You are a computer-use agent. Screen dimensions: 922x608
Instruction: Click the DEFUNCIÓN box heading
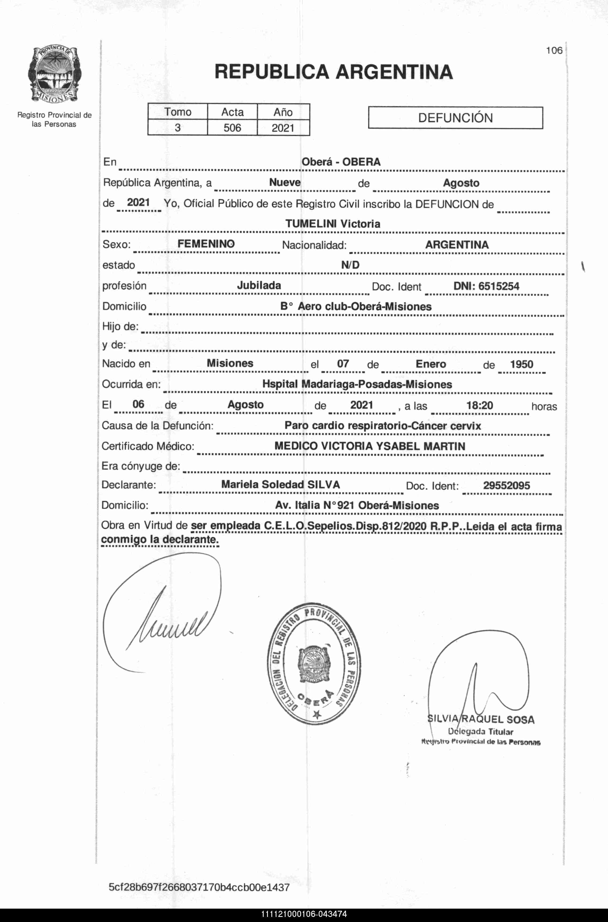coord(455,118)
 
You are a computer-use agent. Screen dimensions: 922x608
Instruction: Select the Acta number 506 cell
coord(232,128)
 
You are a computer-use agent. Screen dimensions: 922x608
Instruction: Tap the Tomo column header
coord(178,112)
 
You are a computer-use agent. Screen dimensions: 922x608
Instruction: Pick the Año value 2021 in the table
coord(283,128)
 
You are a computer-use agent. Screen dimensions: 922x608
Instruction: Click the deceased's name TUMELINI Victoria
coord(333,224)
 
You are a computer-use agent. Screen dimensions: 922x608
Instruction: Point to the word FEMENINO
coord(206,244)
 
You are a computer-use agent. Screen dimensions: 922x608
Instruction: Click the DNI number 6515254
coord(486,286)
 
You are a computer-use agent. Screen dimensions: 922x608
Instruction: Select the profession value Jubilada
coord(259,285)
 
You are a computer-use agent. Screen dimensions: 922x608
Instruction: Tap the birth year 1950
coord(522,364)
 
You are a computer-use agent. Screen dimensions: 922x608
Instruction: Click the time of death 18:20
coord(480,406)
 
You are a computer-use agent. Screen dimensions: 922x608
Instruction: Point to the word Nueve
coord(285,182)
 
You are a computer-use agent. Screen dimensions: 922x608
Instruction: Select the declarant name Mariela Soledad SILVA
coord(280,484)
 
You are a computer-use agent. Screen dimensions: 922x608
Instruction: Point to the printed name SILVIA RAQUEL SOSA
coord(481,720)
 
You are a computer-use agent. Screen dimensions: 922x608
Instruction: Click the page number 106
coord(554,51)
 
